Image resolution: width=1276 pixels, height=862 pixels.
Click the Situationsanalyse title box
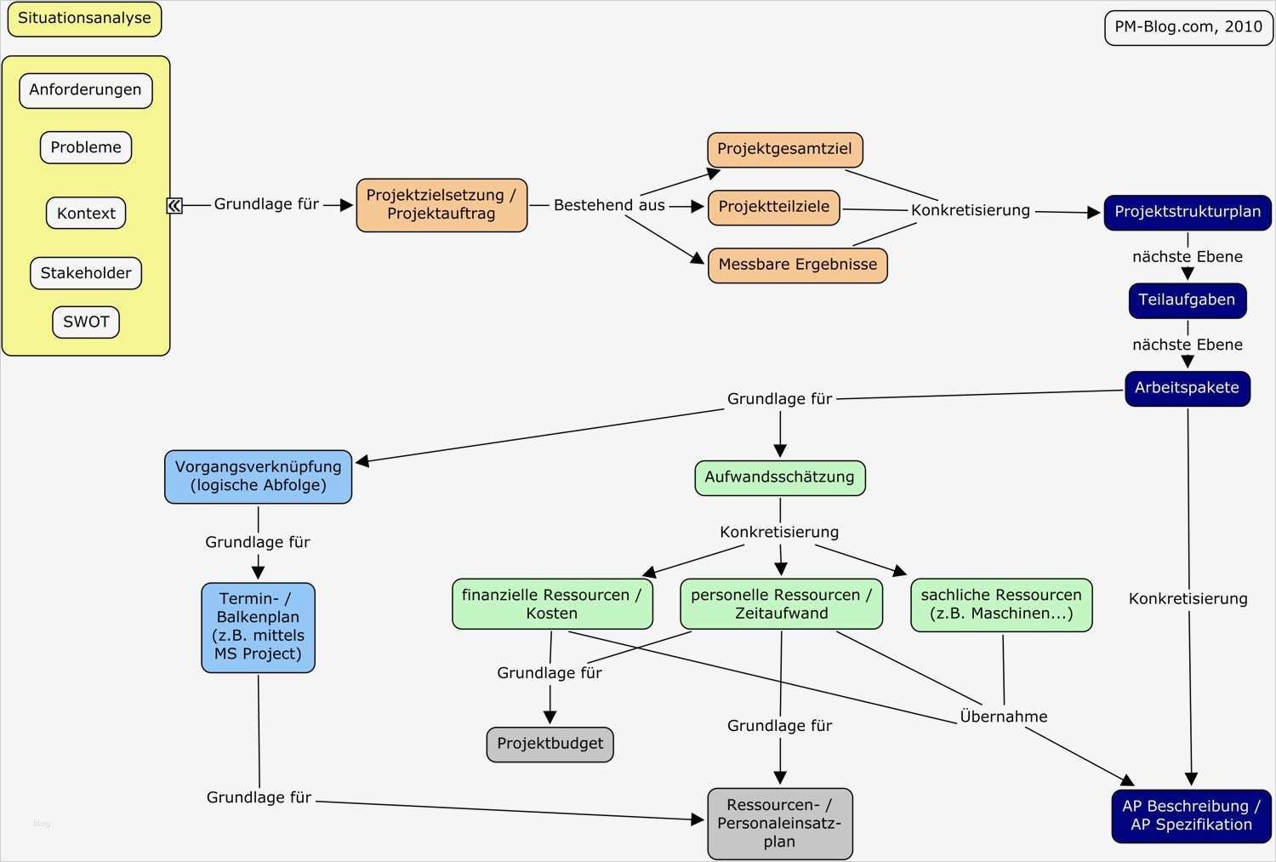click(84, 19)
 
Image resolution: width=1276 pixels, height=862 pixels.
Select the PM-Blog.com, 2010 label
click(1188, 27)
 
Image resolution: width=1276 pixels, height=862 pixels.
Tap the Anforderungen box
click(85, 90)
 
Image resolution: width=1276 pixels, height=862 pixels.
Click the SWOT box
click(86, 322)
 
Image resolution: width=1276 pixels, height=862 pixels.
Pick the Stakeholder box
click(86, 273)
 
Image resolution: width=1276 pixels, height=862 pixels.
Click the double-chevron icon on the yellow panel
click(174, 205)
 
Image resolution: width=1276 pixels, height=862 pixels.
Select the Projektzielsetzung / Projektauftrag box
click(441, 205)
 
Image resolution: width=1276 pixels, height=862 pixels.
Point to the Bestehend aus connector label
click(609, 205)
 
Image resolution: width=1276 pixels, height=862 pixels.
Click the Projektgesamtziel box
click(784, 149)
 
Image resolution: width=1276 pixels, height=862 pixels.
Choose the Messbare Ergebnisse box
click(797, 265)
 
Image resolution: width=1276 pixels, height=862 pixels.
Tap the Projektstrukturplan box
click(1188, 212)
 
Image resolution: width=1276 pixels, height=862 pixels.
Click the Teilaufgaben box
click(1187, 300)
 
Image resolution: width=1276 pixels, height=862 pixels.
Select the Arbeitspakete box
click(1187, 388)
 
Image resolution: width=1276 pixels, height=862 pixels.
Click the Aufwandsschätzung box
click(779, 477)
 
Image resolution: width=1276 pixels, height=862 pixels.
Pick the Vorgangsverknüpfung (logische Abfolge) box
click(258, 477)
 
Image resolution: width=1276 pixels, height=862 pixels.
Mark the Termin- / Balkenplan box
click(258, 627)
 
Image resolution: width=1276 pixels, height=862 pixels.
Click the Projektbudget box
click(550, 744)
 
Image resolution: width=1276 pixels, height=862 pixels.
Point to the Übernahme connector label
click(1003, 716)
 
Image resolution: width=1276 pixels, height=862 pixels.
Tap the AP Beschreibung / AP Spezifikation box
click(1191, 815)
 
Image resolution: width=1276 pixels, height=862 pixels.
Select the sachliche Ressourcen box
click(1001, 604)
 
